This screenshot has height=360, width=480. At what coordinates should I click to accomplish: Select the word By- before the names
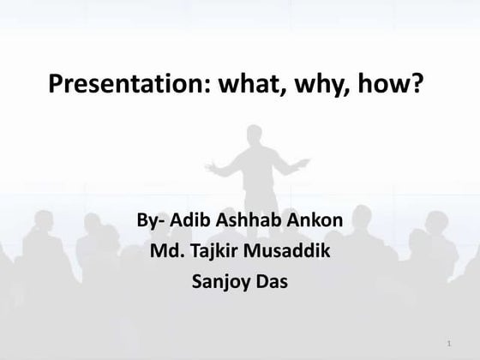153,221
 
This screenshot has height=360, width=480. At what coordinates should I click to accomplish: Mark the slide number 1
448,345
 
